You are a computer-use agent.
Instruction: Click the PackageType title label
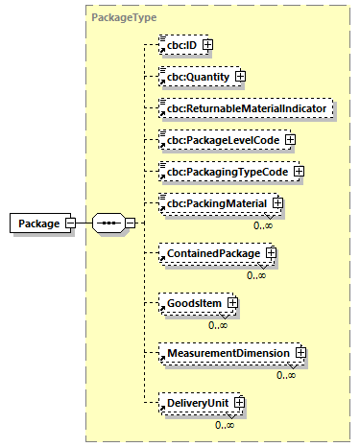124,17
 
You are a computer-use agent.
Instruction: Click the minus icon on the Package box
71,223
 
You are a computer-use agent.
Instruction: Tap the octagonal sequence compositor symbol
108,223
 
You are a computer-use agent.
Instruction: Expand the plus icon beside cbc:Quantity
241,76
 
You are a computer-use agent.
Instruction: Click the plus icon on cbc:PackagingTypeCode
299,172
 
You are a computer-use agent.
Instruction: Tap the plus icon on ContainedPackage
271,253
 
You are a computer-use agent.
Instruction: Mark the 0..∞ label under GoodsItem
219,325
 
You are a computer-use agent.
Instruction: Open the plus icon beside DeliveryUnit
238,404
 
